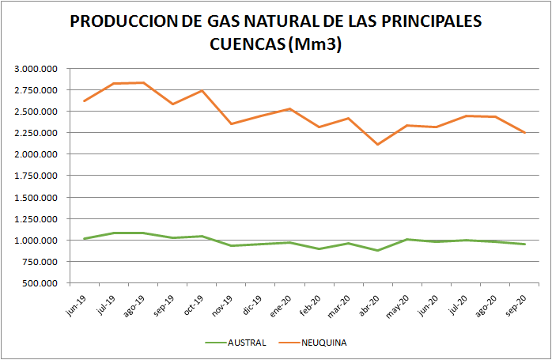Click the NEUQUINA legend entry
point(323,343)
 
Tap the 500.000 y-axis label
point(40,283)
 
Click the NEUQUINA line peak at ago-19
point(143,82)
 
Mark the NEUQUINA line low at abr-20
point(378,144)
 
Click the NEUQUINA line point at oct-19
point(202,90)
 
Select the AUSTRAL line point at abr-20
point(378,250)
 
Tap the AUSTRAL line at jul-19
point(114,233)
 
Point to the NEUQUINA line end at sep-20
point(525,133)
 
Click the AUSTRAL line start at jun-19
point(84,238)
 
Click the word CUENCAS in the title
point(246,44)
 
